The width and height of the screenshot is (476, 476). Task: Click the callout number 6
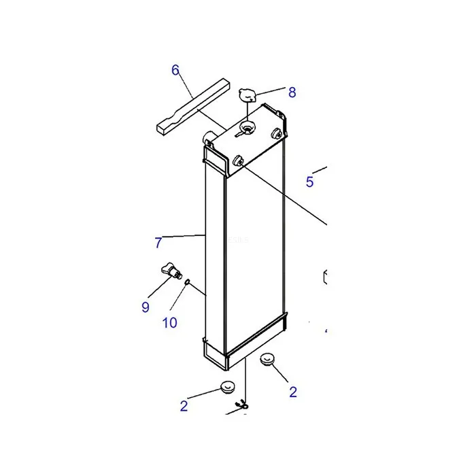point(175,70)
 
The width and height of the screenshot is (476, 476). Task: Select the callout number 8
point(292,92)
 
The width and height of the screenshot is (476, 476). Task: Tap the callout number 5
point(309,182)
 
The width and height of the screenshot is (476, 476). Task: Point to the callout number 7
point(158,243)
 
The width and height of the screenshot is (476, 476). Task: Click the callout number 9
point(146,307)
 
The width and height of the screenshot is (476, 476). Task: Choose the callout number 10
point(170,323)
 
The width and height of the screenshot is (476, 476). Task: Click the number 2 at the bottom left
point(184,406)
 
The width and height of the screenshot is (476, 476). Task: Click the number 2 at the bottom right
point(293,392)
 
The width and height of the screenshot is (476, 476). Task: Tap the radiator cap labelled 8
point(247,95)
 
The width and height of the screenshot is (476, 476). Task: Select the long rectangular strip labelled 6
point(193,106)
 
